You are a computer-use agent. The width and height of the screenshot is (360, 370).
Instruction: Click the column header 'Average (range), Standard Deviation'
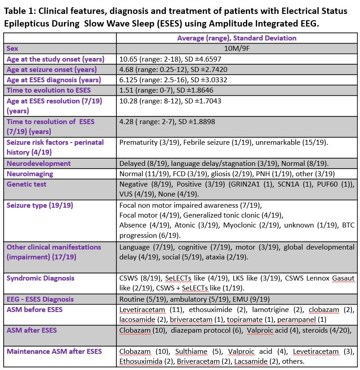pos(236,38)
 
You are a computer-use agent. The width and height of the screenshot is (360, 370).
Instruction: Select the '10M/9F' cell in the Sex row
pos(236,49)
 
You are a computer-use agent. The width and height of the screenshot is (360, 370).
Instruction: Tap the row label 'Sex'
pos(12,49)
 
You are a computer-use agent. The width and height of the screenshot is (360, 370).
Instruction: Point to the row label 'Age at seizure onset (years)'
pos(51,70)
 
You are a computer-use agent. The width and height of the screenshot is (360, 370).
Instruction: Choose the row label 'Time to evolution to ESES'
pos(49,90)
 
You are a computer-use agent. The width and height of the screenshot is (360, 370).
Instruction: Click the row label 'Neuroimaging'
pos(30,174)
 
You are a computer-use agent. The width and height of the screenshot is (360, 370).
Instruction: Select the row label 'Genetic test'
pos(26,184)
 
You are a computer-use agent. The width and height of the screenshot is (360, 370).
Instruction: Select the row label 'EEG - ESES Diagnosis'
pos(40,299)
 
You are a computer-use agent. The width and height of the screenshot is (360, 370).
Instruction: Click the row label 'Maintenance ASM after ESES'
pos(54,351)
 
